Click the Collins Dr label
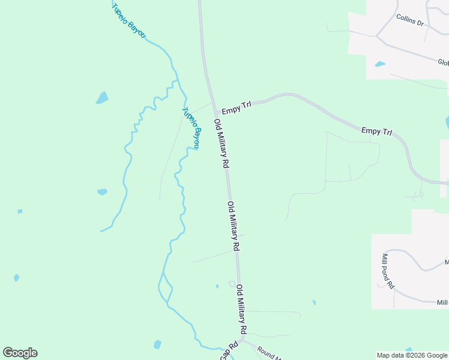pyautogui.click(x=410, y=20)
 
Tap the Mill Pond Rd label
pyautogui.click(x=387, y=271)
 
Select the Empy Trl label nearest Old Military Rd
pyautogui.click(x=236, y=109)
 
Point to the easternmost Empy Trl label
pyautogui.click(x=376, y=131)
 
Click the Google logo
pyautogui.click(x=20, y=353)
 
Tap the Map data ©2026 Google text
pyautogui.click(x=412, y=355)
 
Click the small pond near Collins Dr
pyautogui.click(x=379, y=64)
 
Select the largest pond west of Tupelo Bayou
pyautogui.click(x=102, y=97)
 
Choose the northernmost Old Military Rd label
pyautogui.click(x=221, y=143)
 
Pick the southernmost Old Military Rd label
pyautogui.click(x=241, y=309)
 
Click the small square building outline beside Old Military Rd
pyautogui.click(x=232, y=284)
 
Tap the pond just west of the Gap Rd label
pyautogui.click(x=157, y=344)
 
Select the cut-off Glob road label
pyautogui.click(x=443, y=62)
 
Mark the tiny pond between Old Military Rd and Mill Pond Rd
pyautogui.click(x=314, y=302)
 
